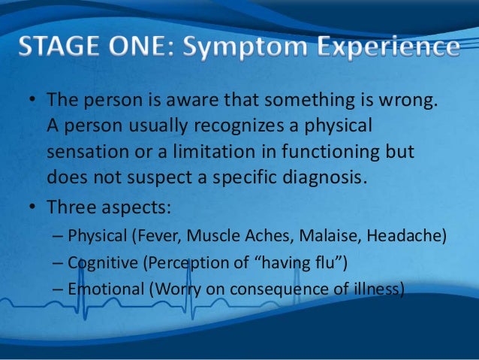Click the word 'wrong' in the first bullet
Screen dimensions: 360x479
(x=404, y=100)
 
